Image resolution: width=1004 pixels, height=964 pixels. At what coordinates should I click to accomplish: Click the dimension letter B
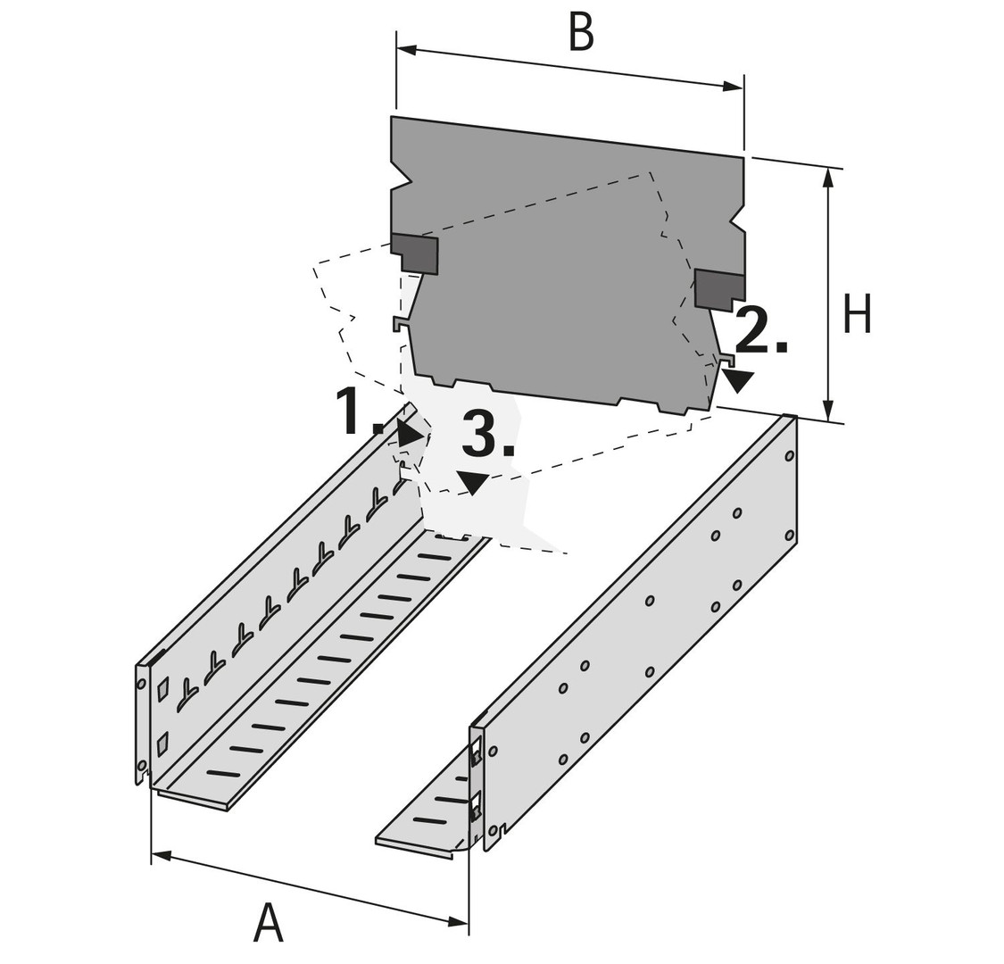pos(581,33)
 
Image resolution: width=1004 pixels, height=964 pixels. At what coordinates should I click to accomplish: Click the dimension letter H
pos(858,315)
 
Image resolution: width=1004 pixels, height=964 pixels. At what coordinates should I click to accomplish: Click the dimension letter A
pos(268,922)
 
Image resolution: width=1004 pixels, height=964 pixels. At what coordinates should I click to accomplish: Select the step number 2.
pos(760,330)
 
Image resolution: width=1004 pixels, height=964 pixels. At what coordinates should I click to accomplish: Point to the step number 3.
pos(487,435)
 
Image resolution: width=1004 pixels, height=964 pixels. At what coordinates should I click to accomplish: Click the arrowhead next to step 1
pos(411,435)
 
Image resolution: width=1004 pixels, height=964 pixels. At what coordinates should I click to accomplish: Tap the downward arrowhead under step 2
pos(738,381)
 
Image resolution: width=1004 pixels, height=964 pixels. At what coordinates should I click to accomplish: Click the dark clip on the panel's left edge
pos(416,253)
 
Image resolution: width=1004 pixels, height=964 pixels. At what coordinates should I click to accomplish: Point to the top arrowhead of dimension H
pos(829,177)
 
